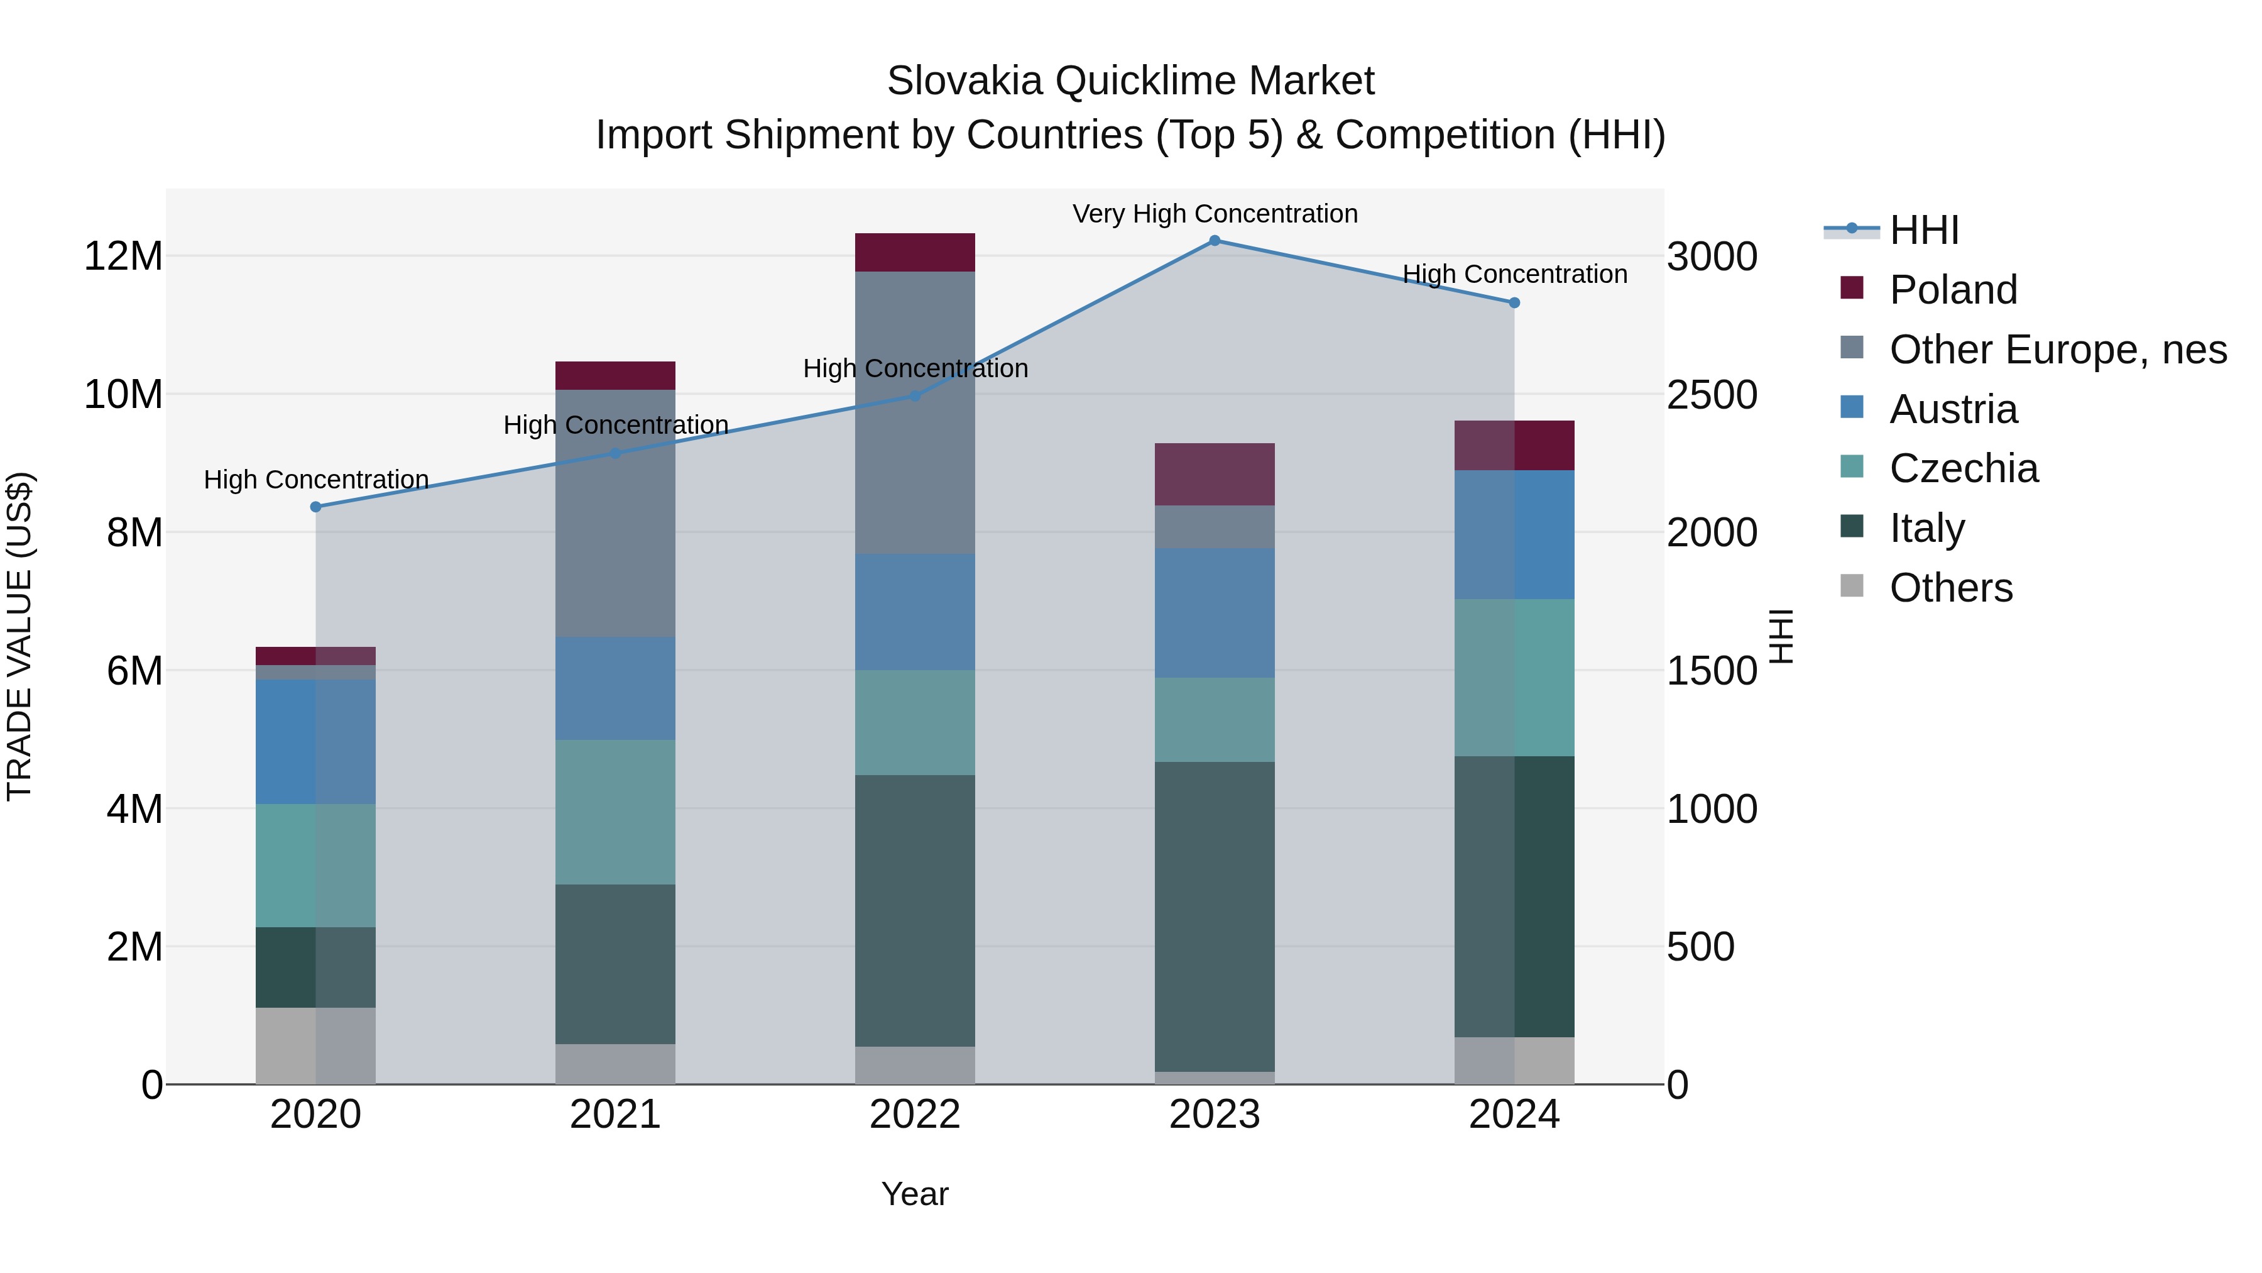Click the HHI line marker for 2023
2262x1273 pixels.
(x=1215, y=240)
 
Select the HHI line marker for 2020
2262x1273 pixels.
(x=316, y=507)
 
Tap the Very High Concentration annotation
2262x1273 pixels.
(x=1215, y=214)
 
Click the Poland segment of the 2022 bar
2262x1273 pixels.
(x=915, y=252)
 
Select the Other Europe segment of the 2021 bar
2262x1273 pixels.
(x=615, y=513)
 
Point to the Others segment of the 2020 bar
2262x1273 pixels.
(x=316, y=1045)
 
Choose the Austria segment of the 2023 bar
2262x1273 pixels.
(x=1215, y=612)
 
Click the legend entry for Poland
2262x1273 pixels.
(x=1952, y=290)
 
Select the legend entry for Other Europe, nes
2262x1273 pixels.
(x=2057, y=350)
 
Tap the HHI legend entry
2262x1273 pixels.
(x=1923, y=230)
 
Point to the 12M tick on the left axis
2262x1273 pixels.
(x=123, y=256)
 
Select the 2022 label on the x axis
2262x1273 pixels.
(x=915, y=1115)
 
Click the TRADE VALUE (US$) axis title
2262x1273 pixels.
(x=19, y=636)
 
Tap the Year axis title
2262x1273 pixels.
(x=915, y=1194)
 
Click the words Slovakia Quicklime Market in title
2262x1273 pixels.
(x=1130, y=81)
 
